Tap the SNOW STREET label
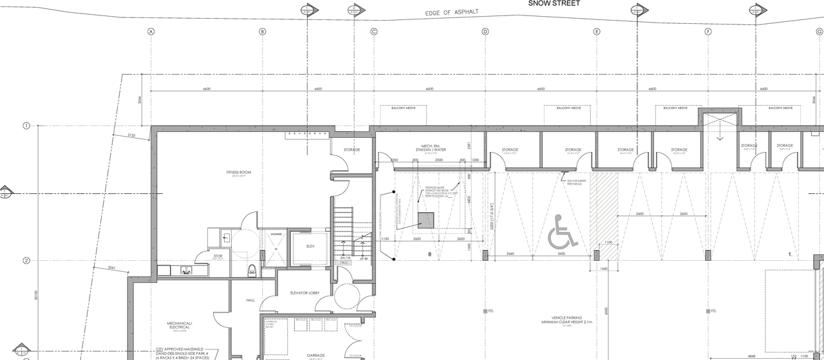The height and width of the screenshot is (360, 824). (554, 4)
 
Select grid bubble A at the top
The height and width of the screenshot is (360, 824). (151, 32)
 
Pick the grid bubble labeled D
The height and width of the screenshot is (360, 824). (485, 32)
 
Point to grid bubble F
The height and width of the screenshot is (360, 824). (708, 32)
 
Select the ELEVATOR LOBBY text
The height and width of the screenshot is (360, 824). (305, 294)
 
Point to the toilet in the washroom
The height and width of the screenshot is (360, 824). (252, 269)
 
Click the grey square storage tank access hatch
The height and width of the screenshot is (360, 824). (426, 220)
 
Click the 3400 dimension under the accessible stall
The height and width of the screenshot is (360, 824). (561, 254)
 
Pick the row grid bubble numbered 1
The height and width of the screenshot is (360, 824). (26, 126)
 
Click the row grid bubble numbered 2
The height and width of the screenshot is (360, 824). (26, 261)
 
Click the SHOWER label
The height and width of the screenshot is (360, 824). (276, 234)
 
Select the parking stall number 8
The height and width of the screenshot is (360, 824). (429, 255)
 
